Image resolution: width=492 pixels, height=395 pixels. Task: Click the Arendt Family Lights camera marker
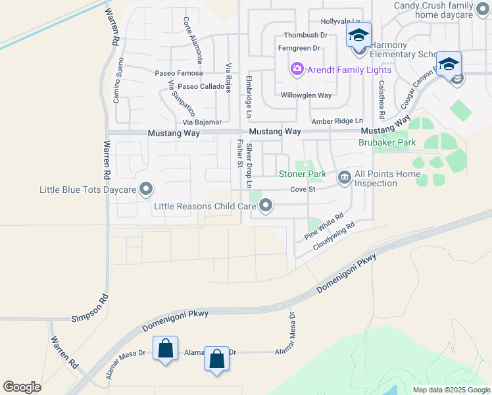[297, 69]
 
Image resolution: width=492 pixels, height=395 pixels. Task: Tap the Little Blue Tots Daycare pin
[146, 190]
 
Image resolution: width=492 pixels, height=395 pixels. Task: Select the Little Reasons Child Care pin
[266, 207]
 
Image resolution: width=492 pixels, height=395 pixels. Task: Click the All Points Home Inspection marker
[344, 178]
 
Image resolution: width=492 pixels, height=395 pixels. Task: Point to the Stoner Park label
[303, 174]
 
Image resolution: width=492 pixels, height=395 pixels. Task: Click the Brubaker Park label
[387, 142]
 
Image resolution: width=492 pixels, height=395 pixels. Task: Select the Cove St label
[304, 190]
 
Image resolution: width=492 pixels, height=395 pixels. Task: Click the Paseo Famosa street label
[178, 73]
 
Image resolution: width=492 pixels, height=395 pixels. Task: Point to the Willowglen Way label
[307, 95]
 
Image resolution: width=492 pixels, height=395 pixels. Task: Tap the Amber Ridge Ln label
[337, 121]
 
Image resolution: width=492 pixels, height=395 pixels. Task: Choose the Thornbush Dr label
[305, 35]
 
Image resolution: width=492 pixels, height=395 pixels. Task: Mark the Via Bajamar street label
[202, 122]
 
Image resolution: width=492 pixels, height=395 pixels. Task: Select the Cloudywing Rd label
[333, 235]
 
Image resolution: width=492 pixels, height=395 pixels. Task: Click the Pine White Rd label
[324, 226]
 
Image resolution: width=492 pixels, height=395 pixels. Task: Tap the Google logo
[22, 387]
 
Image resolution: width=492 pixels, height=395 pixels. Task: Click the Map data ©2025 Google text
[451, 390]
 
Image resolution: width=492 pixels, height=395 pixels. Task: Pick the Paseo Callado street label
[201, 86]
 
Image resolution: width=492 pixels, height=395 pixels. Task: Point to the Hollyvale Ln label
[341, 22]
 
